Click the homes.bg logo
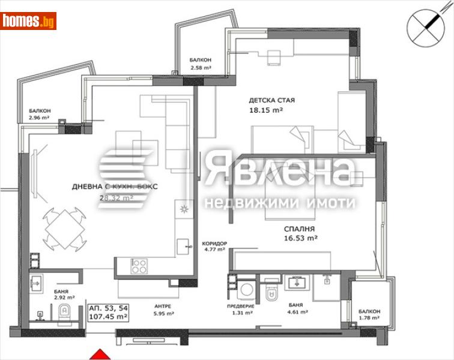[x=29, y=21]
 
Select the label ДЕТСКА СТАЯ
[x=271, y=100]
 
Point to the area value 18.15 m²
[x=266, y=110]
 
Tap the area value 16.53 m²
[x=300, y=238]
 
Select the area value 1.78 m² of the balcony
[x=369, y=317]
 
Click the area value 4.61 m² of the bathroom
[x=295, y=312]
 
